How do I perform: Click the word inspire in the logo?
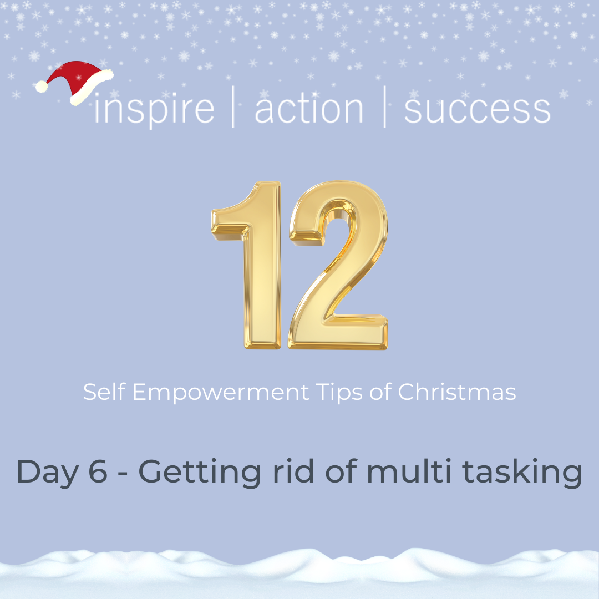[x=154, y=110]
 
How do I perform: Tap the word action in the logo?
[x=309, y=109]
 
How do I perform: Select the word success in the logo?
[x=477, y=110]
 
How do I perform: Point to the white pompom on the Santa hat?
[x=42, y=87]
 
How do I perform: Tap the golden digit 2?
[x=338, y=265]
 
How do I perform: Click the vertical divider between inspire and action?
[x=233, y=106]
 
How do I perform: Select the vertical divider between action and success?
[x=384, y=106]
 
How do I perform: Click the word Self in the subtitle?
[x=104, y=392]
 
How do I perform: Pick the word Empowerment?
[x=221, y=393]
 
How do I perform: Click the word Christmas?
[x=457, y=392]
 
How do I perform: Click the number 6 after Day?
[x=98, y=472]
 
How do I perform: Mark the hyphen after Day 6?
[x=123, y=475]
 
